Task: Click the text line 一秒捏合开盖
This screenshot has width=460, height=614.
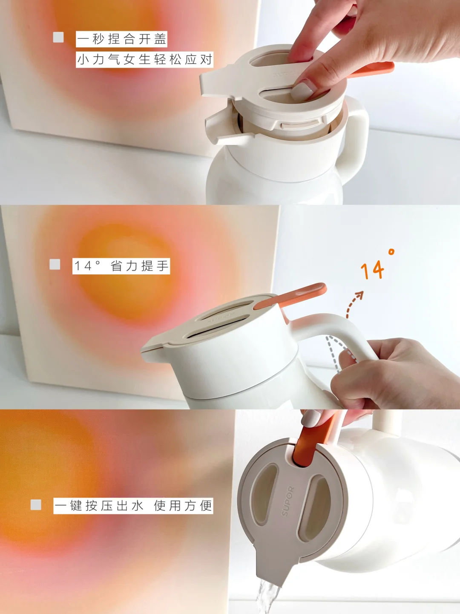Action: click(x=121, y=39)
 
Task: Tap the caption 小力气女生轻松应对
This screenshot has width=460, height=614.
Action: click(x=144, y=59)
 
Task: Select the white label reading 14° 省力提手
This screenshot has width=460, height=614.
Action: click(x=121, y=266)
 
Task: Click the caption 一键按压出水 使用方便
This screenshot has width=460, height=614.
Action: click(x=133, y=505)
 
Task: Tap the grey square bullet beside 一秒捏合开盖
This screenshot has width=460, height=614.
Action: click(x=58, y=37)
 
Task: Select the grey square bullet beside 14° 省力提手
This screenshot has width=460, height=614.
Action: click(x=55, y=264)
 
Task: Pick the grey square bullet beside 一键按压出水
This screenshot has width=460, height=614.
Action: click(x=36, y=505)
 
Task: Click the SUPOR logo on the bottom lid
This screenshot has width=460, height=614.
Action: click(x=288, y=501)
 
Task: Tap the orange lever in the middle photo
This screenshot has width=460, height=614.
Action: click(x=290, y=296)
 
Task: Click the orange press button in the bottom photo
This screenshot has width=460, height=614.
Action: click(x=310, y=441)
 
